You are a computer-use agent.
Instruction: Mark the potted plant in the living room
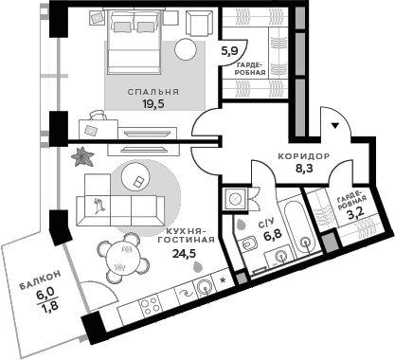(84, 153)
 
